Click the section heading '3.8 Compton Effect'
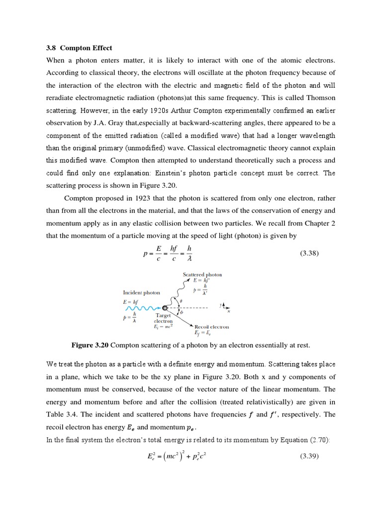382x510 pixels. pos(79,48)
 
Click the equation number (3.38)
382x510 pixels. pos(310,254)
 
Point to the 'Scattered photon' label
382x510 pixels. pos(202,274)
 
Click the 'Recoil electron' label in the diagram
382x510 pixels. pos(211,327)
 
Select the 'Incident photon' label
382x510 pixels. pos(141,292)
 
